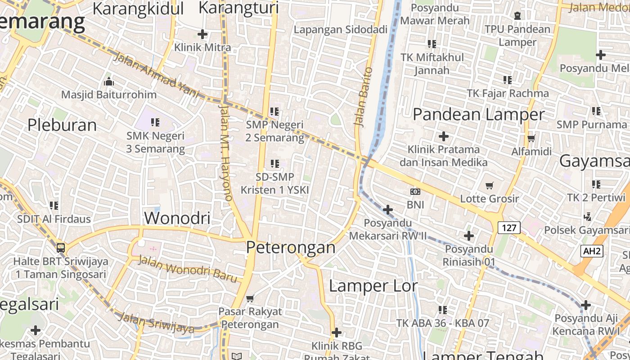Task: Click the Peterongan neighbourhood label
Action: [291, 247]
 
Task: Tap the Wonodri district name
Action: [177, 218]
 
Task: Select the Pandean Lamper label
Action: [478, 114]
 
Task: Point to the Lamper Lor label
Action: [373, 286]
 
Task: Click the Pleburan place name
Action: [62, 125]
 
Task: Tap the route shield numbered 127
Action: [509, 228]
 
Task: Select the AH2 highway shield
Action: [592, 251]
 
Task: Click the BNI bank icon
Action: [415, 192]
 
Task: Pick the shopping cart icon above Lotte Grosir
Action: [490, 185]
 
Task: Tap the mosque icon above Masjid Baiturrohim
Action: [109, 82]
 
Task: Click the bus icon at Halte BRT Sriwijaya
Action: [61, 248]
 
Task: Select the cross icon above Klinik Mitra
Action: [202, 34]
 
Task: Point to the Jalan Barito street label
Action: [363, 96]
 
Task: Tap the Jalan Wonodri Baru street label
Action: [187, 269]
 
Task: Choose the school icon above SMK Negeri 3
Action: [155, 122]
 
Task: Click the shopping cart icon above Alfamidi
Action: [531, 138]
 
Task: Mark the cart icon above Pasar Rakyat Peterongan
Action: [250, 298]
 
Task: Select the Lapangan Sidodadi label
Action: [341, 30]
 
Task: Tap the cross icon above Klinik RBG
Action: [336, 333]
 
